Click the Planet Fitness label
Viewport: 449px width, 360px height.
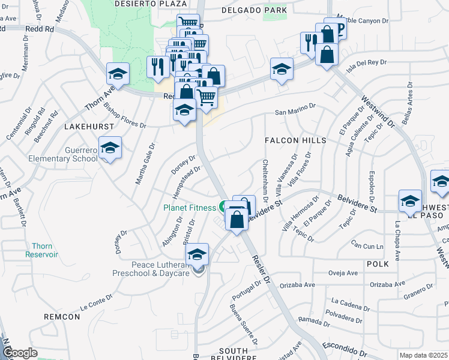coord(190,208)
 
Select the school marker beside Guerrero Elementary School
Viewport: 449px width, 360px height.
coord(110,148)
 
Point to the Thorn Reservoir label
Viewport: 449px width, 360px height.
coord(41,250)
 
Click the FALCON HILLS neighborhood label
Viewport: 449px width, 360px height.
coord(296,140)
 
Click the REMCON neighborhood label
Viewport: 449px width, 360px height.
coord(62,316)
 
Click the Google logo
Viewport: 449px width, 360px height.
coord(20,353)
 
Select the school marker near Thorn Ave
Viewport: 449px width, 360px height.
coord(118,74)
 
